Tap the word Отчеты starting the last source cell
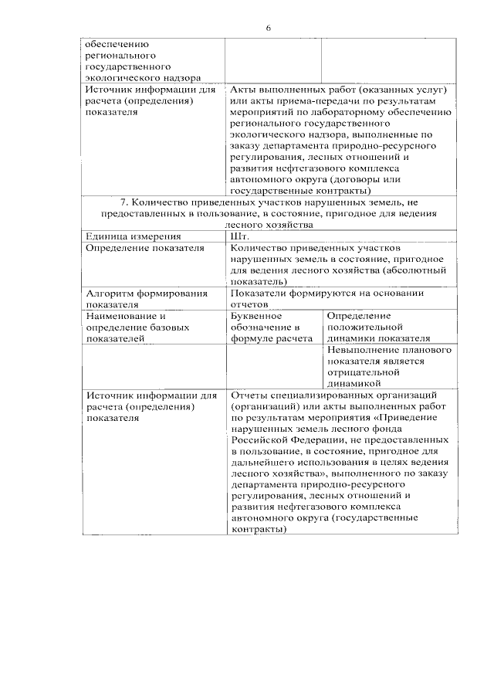(249, 395)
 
